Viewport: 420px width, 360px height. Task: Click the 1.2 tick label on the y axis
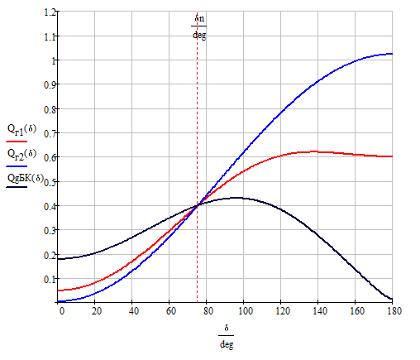[x=50, y=12]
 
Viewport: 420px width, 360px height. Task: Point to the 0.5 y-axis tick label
[x=50, y=182]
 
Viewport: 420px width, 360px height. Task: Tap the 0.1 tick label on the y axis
[x=50, y=279]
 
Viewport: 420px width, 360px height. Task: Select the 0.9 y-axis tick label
[x=50, y=84]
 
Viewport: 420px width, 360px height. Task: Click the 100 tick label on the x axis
[x=246, y=311]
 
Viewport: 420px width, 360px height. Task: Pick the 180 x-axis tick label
[x=394, y=311]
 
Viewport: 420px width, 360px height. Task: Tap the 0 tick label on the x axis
[x=62, y=311]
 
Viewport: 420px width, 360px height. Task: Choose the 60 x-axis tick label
[x=171, y=311]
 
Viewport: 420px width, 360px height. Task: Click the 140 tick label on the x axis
[x=320, y=311]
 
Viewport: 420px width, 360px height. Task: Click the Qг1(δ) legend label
[x=21, y=130]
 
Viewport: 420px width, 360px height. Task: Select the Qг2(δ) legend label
[x=21, y=155]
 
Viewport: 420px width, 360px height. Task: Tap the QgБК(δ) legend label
[x=26, y=178]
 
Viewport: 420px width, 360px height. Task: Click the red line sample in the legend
[x=17, y=142]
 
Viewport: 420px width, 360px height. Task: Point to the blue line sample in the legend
[x=17, y=166]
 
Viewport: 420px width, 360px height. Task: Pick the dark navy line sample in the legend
[x=17, y=187]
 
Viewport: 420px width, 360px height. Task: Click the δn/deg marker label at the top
[x=199, y=26]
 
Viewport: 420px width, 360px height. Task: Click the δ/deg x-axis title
[x=227, y=337]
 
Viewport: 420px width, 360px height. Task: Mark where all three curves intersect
[x=198, y=205]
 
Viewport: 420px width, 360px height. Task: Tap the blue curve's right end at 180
[x=392, y=54]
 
